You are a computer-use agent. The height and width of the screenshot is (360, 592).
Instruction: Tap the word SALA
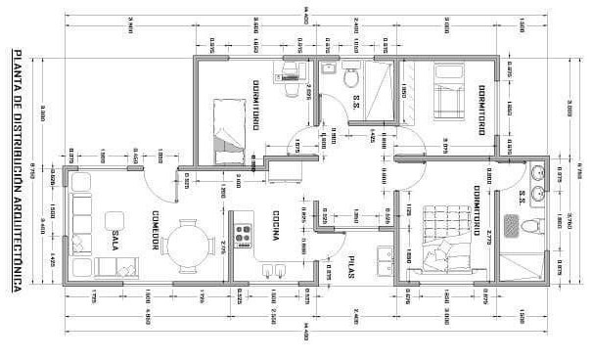click(x=116, y=240)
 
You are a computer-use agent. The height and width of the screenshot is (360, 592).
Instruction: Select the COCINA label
click(x=278, y=227)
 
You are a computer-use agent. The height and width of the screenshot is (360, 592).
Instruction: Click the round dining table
click(x=188, y=246)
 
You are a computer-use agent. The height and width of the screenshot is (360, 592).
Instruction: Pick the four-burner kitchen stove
click(x=243, y=226)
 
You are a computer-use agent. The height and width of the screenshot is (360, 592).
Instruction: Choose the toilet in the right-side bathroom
click(x=529, y=227)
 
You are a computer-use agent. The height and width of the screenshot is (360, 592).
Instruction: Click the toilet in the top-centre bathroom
click(x=351, y=74)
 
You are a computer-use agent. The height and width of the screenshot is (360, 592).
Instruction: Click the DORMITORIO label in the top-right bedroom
click(x=481, y=109)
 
